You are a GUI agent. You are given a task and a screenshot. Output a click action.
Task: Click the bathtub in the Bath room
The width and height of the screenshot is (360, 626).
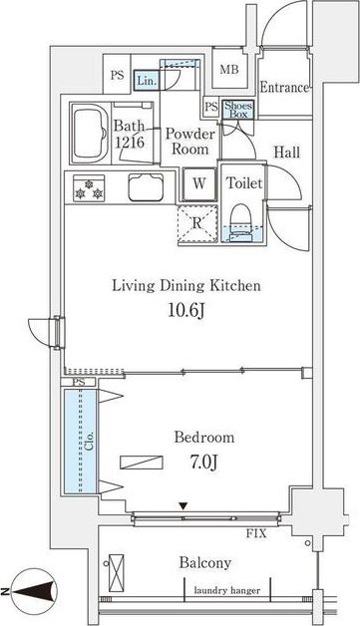coord(90,133)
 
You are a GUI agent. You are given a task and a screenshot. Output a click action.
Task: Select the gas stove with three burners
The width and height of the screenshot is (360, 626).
coord(89,188)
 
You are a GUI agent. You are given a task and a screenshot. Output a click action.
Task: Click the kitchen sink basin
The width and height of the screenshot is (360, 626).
coord(146,186)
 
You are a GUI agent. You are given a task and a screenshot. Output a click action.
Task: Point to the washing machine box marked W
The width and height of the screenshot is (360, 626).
coord(199,184)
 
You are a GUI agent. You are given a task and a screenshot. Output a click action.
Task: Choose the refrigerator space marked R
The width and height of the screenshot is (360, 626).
coord(197,223)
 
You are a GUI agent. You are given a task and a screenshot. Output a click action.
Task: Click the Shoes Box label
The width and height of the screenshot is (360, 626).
coord(238,110)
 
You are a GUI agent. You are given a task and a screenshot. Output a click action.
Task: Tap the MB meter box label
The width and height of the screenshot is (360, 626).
coord(229,70)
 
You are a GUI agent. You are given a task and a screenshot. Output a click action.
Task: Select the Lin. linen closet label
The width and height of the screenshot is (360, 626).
coord(147,81)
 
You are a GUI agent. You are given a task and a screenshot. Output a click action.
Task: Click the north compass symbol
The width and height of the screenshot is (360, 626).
coord(34,591)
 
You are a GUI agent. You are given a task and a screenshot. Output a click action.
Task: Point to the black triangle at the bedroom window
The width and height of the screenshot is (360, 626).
coord(183,506)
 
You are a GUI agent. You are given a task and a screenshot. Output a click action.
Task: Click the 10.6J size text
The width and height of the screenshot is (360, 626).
coord(186,310)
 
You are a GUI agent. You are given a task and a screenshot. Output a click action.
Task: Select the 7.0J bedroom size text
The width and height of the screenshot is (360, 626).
coord(203,463)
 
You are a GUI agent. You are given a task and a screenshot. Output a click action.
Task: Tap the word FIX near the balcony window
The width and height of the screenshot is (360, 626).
coord(256,533)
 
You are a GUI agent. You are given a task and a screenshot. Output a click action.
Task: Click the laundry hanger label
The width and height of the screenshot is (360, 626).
coord(227,590)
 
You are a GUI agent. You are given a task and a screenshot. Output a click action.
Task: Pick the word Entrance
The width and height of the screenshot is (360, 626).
coord(284,88)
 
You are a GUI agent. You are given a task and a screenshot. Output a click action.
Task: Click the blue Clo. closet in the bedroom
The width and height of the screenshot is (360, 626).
coord(81,441)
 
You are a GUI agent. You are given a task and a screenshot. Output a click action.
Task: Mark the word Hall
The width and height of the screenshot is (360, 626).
coord(287,153)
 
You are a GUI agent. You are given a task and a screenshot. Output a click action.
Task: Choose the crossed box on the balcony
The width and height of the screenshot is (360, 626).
coord(117,573)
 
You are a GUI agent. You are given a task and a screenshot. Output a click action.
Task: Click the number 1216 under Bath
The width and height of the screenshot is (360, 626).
coord(130,143)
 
